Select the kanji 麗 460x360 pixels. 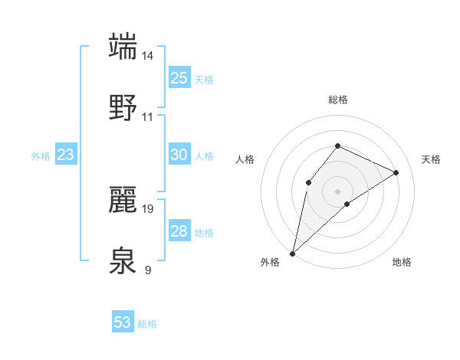[x=123, y=199]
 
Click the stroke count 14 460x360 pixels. [x=148, y=56]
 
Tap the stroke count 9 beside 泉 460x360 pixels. [x=148, y=270]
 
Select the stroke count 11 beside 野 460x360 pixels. [x=148, y=117]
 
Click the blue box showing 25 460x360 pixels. [x=179, y=77]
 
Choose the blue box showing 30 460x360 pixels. [x=179, y=155]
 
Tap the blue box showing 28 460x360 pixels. [x=179, y=231]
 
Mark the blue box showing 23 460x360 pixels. [x=65, y=155]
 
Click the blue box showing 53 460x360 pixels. [x=123, y=322]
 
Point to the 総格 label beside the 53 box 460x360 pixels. [x=147, y=324]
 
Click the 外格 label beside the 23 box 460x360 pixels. [x=41, y=156]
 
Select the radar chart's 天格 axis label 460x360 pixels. [x=431, y=159]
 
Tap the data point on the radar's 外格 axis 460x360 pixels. [x=292, y=253]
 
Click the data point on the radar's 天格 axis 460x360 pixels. [x=396, y=172]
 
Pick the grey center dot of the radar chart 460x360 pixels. [x=337, y=191]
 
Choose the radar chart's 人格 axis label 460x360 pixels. [x=245, y=159]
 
